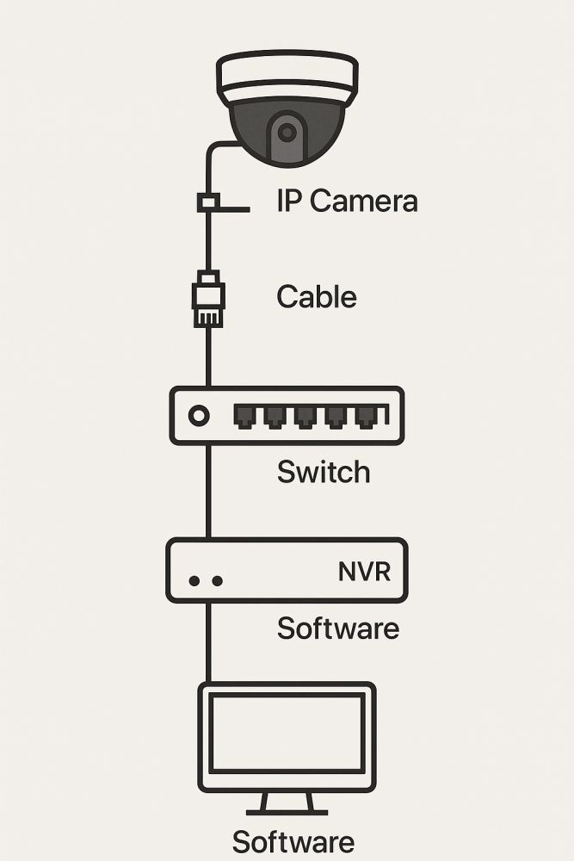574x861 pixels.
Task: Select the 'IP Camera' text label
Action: (x=347, y=201)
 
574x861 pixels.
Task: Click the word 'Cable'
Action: (x=316, y=297)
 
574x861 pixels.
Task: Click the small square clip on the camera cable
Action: (x=207, y=202)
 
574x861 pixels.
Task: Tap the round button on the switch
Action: (x=199, y=416)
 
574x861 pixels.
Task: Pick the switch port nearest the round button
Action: (x=244, y=417)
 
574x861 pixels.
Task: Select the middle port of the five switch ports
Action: (x=306, y=417)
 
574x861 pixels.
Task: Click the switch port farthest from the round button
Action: (x=367, y=417)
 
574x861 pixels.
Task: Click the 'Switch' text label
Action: (x=324, y=472)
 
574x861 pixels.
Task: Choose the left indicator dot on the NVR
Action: (x=194, y=581)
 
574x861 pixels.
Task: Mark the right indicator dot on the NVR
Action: (x=217, y=581)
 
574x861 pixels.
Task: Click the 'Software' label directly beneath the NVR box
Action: (x=337, y=628)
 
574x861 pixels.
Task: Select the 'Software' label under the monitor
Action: (x=293, y=841)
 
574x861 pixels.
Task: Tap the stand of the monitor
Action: (x=287, y=804)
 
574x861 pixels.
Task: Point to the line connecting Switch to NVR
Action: (x=207, y=491)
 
